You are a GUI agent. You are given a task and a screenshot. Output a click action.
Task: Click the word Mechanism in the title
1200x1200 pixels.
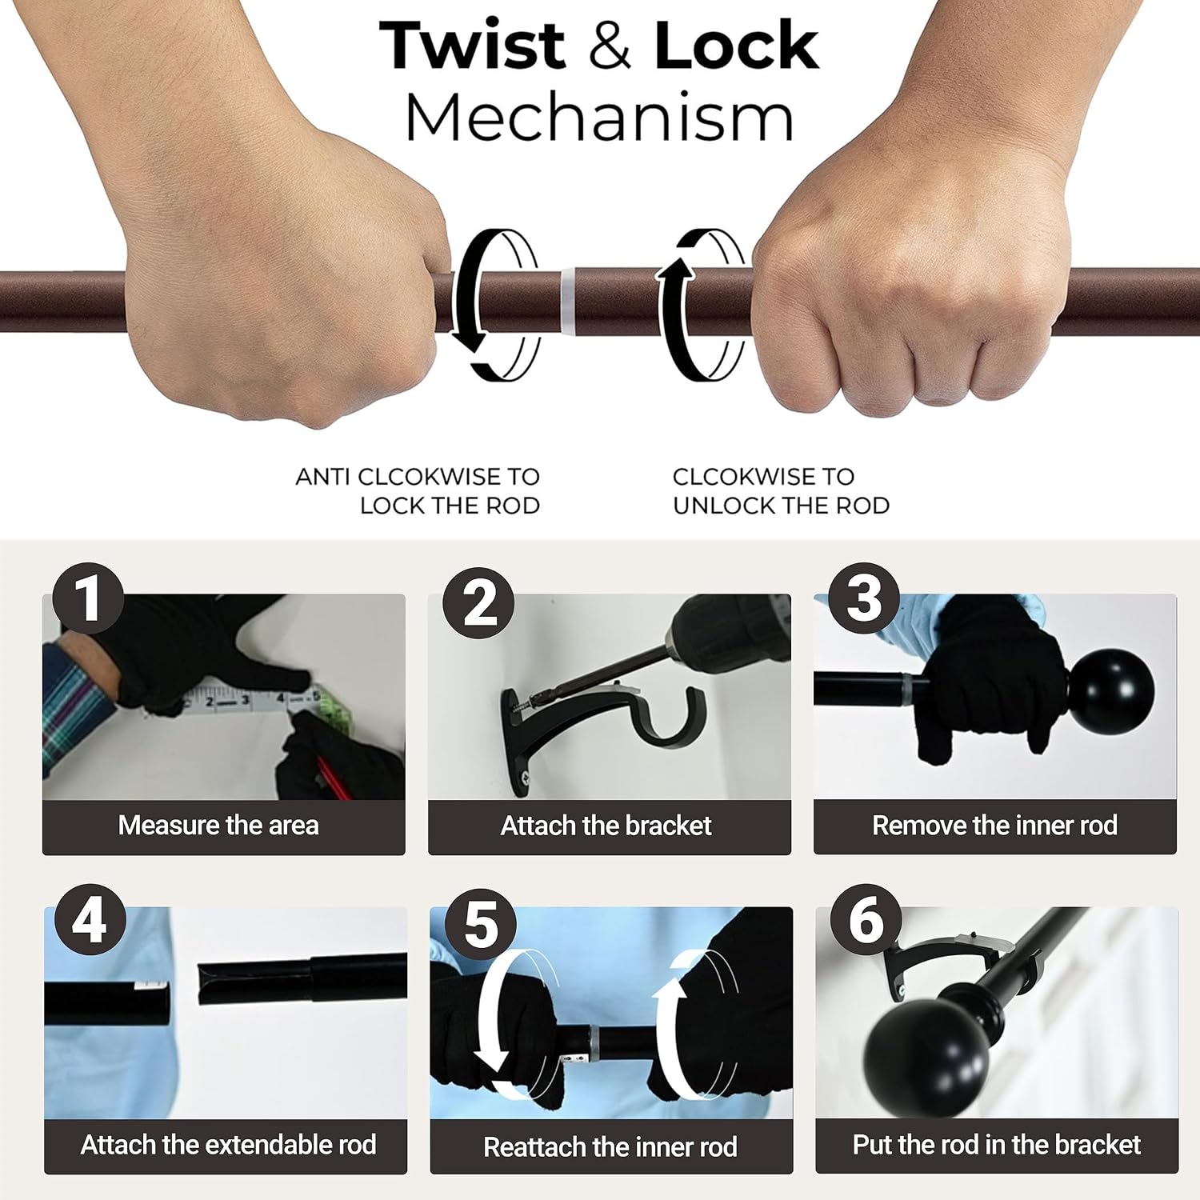tap(599, 117)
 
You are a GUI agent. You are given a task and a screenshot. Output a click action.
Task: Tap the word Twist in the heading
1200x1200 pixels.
tap(473, 46)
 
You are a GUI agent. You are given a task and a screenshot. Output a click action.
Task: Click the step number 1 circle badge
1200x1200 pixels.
tap(88, 598)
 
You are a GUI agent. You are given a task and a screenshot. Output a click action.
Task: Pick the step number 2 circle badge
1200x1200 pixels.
tap(478, 603)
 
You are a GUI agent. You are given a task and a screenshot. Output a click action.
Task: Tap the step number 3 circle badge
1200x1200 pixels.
tap(864, 598)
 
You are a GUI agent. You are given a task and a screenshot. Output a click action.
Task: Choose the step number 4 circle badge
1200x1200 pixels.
tap(90, 919)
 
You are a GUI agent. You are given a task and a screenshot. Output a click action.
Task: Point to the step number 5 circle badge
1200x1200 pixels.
tap(480, 924)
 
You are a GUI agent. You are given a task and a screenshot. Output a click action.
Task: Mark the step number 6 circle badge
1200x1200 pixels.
tap(866, 919)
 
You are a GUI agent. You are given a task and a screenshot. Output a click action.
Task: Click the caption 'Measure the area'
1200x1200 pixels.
tap(218, 825)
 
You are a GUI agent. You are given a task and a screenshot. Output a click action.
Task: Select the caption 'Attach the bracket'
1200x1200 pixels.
tap(606, 825)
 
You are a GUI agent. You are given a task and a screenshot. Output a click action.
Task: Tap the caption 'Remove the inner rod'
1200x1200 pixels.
tap(994, 825)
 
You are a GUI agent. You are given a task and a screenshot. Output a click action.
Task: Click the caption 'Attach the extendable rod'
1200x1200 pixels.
tap(228, 1145)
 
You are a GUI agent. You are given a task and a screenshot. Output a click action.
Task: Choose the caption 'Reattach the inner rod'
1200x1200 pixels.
tap(610, 1146)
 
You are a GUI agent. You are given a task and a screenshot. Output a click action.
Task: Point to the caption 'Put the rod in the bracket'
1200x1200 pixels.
tap(997, 1145)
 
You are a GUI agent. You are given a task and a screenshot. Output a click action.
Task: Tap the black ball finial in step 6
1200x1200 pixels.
tap(926, 1049)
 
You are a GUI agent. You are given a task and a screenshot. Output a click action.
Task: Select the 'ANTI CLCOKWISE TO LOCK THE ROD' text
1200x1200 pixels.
tap(418, 491)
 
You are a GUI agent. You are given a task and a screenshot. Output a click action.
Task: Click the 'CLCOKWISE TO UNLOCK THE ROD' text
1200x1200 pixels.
tap(781, 491)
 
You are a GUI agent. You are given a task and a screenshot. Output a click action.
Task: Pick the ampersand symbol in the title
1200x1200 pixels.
tap(610, 46)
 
